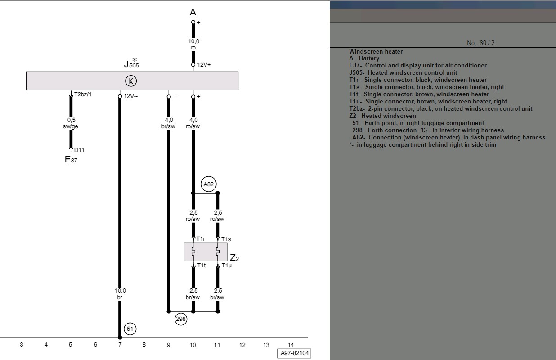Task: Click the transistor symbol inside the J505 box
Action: click(131, 81)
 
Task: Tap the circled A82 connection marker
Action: click(209, 184)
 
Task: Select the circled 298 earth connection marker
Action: click(181, 319)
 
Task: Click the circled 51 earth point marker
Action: click(130, 328)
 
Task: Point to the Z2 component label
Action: click(234, 258)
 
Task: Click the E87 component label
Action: click(71, 159)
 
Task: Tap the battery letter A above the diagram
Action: click(193, 12)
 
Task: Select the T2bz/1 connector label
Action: click(83, 94)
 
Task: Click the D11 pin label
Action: click(79, 150)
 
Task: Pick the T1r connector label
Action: click(201, 239)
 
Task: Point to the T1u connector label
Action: click(227, 265)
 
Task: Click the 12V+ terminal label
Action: click(204, 64)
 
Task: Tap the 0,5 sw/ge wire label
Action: click(71, 123)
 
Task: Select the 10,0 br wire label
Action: click(120, 294)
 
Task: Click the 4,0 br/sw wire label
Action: click(168, 123)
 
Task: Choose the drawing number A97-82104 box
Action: click(294, 353)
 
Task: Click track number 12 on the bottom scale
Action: click(242, 345)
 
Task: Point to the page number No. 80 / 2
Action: click(480, 43)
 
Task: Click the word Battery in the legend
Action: click(369, 58)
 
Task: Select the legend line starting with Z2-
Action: click(382, 116)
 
